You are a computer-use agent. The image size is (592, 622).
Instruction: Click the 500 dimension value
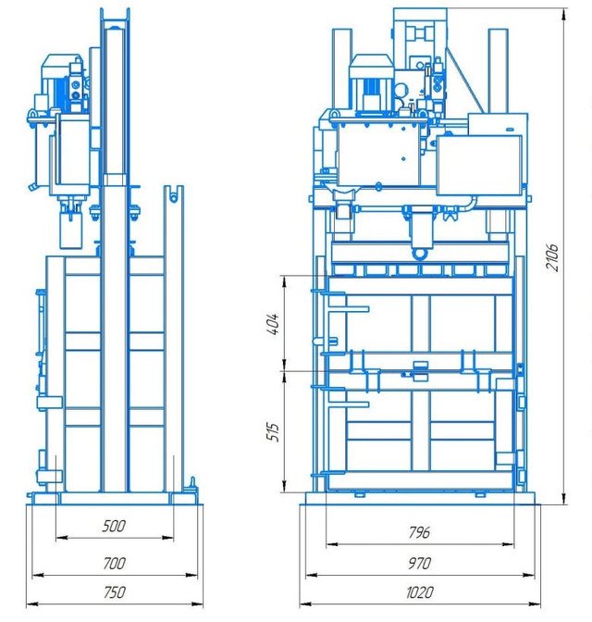pyautogui.click(x=114, y=526)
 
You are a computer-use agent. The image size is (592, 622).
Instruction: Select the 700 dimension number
pyautogui.click(x=114, y=563)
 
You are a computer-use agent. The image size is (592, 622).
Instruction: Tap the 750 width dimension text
pyautogui.click(x=114, y=592)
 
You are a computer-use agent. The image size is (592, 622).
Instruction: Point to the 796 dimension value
pyautogui.click(x=419, y=532)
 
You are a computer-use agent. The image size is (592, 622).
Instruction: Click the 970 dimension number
pyautogui.click(x=419, y=563)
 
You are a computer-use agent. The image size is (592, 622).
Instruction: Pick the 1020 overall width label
pyautogui.click(x=419, y=592)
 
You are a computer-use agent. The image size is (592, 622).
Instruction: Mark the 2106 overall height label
pyautogui.click(x=552, y=257)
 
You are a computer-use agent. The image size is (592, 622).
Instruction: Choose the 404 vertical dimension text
pyautogui.click(x=274, y=325)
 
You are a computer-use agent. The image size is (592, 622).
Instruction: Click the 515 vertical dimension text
pyautogui.click(x=274, y=431)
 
